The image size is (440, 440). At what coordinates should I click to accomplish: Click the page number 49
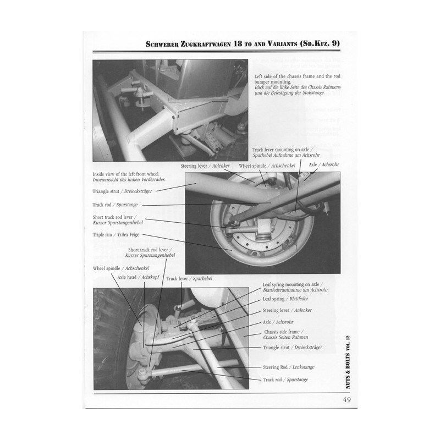pyautogui.click(x=347, y=400)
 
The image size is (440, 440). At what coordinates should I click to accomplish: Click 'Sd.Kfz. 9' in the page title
pyautogui.click(x=320, y=44)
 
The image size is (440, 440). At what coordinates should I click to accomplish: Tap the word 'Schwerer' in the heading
pyautogui.click(x=162, y=44)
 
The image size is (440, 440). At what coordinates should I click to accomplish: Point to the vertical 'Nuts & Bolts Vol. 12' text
pyautogui.click(x=348, y=362)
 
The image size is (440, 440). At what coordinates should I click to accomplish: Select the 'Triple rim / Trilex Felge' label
pyautogui.click(x=116, y=235)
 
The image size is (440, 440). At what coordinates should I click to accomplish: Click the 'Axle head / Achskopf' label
pyautogui.click(x=138, y=277)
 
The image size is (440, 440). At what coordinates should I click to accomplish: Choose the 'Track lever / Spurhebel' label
pyautogui.click(x=189, y=279)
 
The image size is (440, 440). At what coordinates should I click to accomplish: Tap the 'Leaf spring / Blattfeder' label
pyautogui.click(x=285, y=299)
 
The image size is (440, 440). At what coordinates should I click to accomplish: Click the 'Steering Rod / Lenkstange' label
pyautogui.click(x=288, y=367)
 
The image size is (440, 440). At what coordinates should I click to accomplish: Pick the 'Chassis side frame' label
pyautogui.click(x=284, y=332)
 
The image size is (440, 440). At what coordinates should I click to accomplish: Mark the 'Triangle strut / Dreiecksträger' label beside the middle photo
pyautogui.click(x=122, y=191)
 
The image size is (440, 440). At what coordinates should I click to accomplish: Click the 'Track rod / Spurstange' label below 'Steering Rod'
pyautogui.click(x=285, y=380)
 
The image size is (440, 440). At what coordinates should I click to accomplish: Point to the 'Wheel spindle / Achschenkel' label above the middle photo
pyautogui.click(x=267, y=166)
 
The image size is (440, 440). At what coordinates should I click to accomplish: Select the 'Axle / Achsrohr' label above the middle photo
pyautogui.click(x=324, y=164)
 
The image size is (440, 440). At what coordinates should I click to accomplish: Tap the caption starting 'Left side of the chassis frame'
pyautogui.click(x=298, y=84)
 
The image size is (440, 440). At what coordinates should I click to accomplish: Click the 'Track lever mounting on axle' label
pyautogui.click(x=282, y=150)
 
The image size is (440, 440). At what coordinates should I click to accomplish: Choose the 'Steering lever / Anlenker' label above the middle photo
pyautogui.click(x=205, y=166)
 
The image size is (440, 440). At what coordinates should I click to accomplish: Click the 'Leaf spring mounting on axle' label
pyautogui.click(x=293, y=284)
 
